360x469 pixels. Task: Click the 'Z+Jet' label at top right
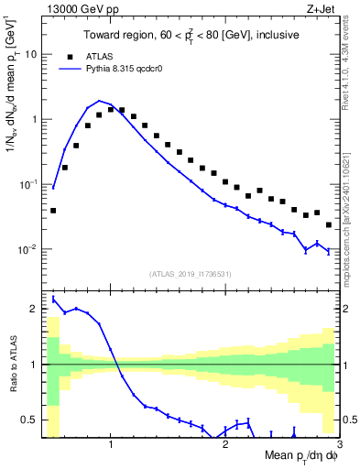319,10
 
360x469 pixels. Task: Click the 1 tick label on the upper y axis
33,119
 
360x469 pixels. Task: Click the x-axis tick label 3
339,444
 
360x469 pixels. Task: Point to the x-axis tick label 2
225,444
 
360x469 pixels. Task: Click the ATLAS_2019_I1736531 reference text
189,274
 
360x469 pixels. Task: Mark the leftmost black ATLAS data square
53,211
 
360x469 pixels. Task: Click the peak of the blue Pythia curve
99,101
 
